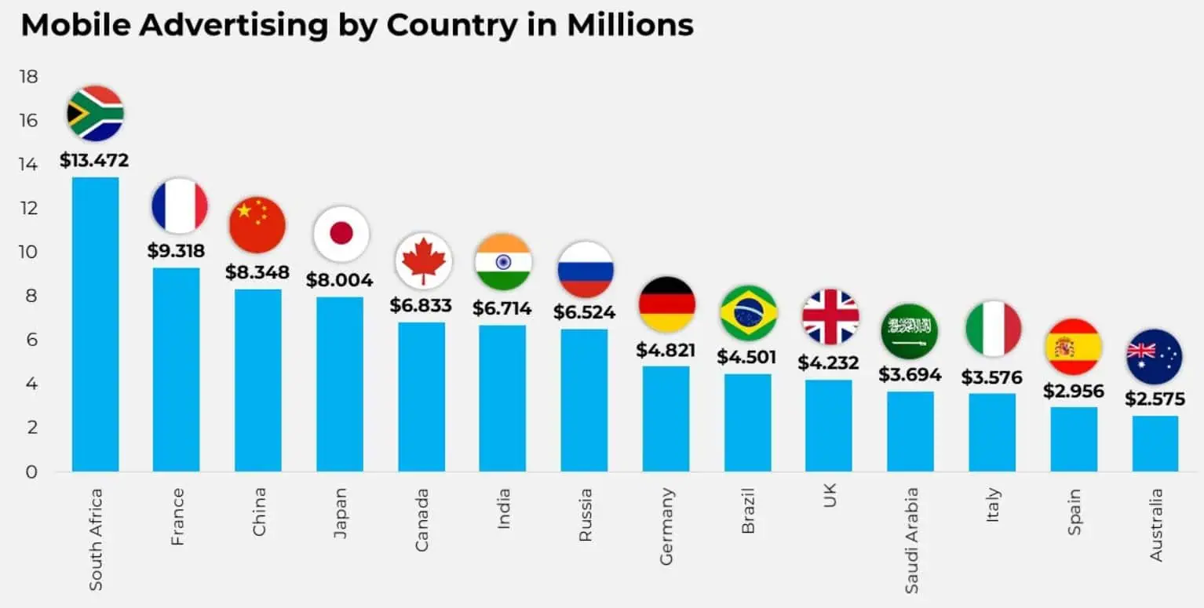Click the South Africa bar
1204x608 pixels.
pyautogui.click(x=95, y=324)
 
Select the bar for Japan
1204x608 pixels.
pyautogui.click(x=339, y=384)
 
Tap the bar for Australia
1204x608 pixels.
pyautogui.click(x=1155, y=443)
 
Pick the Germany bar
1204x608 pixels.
pyautogui.click(x=666, y=418)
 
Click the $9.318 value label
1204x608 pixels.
pyautogui.click(x=176, y=251)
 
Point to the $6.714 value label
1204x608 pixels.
pyautogui.click(x=502, y=308)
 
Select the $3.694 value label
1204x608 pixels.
pyautogui.click(x=910, y=374)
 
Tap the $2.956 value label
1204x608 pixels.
pyautogui.click(x=1073, y=391)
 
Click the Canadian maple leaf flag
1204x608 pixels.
pyautogui.click(x=423, y=261)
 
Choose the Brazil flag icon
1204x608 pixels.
pyautogui.click(x=748, y=313)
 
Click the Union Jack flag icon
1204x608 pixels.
pyautogui.click(x=830, y=317)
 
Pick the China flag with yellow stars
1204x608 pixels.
pyautogui.click(x=257, y=224)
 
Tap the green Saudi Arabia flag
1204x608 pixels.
pyautogui.click(x=910, y=331)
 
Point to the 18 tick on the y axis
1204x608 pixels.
pyautogui.click(x=29, y=77)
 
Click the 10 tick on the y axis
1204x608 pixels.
pyautogui.click(x=29, y=253)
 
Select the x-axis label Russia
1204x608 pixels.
pyautogui.click(x=585, y=515)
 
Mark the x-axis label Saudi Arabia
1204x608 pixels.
pyautogui.click(x=911, y=541)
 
